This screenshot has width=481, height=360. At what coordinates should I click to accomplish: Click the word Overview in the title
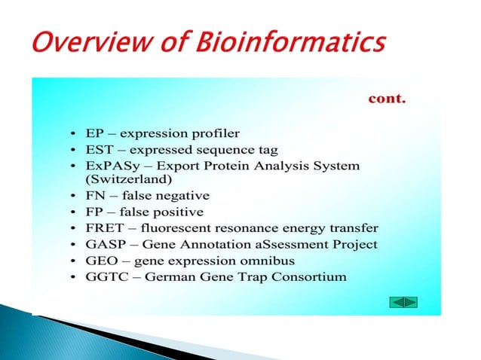pyautogui.click(x=84, y=42)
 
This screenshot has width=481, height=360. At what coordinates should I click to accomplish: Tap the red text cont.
pyautogui.click(x=386, y=98)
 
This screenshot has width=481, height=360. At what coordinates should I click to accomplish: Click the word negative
pyautogui.click(x=177, y=197)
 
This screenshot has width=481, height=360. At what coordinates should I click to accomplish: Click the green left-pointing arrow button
pyautogui.click(x=397, y=302)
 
